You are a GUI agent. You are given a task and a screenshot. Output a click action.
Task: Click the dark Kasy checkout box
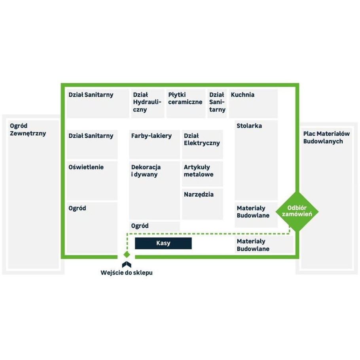163,243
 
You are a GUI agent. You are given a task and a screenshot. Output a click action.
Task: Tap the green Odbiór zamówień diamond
297,212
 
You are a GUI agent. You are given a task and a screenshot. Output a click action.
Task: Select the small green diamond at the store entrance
127,254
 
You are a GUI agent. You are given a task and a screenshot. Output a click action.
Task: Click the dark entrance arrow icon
127,264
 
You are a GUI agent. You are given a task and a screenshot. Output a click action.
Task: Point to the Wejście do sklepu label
127,273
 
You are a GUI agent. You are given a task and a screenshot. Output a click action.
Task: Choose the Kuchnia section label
243,95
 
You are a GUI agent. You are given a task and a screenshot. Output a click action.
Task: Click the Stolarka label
249,125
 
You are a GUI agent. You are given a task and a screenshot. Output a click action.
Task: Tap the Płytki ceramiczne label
185,98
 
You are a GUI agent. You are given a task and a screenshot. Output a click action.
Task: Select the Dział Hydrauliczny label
147,102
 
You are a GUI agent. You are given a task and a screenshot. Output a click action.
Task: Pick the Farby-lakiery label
151,136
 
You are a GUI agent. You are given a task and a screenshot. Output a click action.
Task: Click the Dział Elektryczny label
202,139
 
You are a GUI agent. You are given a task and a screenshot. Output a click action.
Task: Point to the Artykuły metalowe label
198,171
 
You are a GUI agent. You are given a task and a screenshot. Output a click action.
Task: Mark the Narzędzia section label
199,195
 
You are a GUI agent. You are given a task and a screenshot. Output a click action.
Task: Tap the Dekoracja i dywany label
146,171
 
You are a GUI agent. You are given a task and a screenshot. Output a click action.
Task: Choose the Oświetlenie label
86,167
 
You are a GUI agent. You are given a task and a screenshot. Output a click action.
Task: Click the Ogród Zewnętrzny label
28,129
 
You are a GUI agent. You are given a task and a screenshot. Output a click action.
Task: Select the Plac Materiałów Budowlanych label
326,137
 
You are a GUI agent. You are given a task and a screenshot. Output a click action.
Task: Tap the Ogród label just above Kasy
140,225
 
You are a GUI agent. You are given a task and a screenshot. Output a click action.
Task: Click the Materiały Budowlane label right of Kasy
253,245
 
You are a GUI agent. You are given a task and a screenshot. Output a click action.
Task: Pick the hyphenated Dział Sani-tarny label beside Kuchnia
217,102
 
